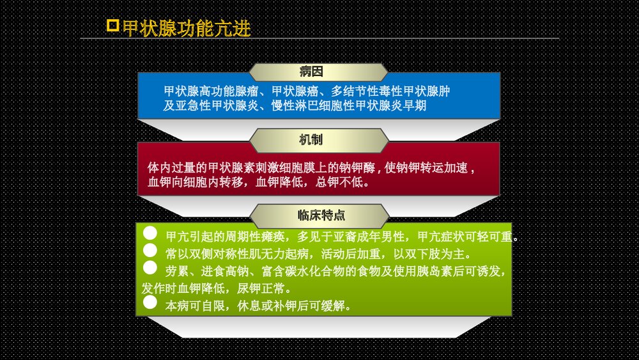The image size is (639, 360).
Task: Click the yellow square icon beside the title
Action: tap(112, 26)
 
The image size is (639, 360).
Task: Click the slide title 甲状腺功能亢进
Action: tap(187, 29)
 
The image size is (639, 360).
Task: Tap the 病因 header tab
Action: tap(318, 72)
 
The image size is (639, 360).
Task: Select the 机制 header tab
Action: tap(318, 140)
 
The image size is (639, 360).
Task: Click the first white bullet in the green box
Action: tap(150, 235)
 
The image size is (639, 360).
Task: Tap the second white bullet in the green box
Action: tap(150, 251)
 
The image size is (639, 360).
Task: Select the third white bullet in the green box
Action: tap(150, 268)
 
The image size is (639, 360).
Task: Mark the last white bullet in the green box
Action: tap(150, 302)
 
